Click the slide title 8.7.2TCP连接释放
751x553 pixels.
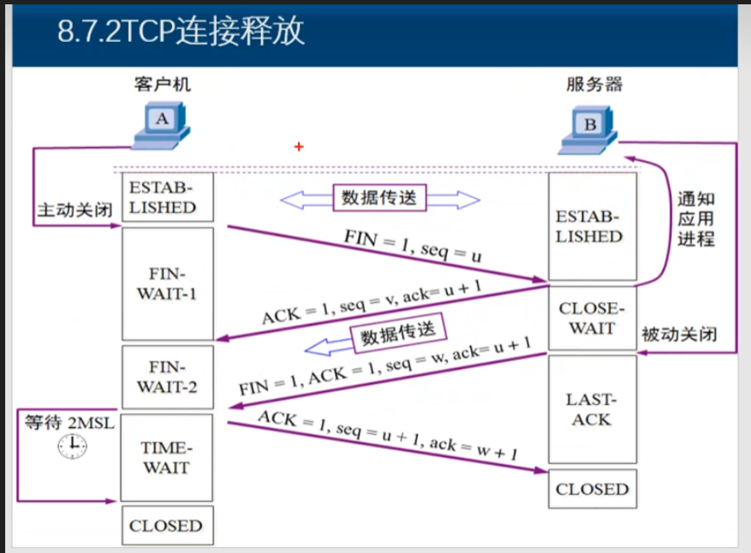[181, 33]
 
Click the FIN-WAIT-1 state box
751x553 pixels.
[167, 283]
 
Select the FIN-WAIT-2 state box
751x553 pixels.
[167, 377]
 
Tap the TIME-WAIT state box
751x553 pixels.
[167, 458]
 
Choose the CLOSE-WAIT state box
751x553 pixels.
[592, 318]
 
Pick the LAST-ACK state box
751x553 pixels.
[592, 409]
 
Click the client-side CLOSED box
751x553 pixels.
[166, 526]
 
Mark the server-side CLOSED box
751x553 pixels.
[592, 489]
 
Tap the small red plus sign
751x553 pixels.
[299, 147]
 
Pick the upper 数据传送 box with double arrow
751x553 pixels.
[379, 198]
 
